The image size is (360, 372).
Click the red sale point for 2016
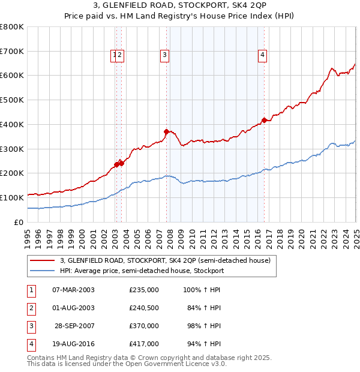pos(265,120)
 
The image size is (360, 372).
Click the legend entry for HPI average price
pos(142,271)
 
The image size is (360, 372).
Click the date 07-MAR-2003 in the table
pos(73,290)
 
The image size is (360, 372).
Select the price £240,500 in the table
pos(144,308)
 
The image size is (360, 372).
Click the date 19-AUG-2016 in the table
pos(73,344)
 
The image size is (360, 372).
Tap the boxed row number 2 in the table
pos(31,308)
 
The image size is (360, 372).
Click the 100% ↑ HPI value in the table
pos(202,290)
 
